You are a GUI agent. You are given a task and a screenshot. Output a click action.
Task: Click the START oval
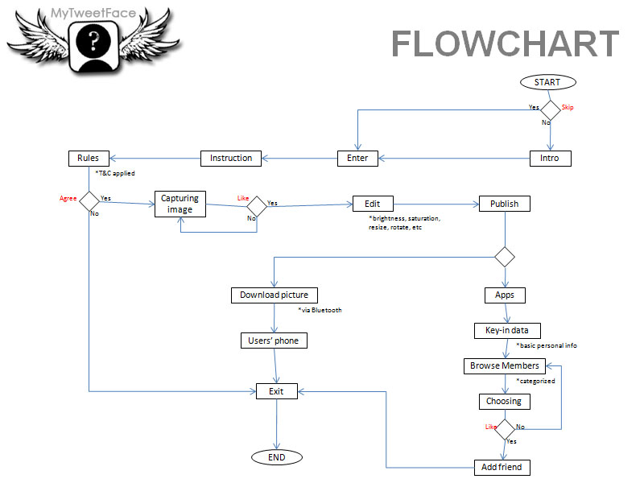pos(547,82)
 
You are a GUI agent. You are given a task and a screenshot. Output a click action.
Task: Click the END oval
pos(276,457)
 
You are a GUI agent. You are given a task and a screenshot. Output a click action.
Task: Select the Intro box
pos(550,158)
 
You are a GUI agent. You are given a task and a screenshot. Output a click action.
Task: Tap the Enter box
pos(357,158)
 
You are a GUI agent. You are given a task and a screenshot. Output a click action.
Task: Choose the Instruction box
pos(231,158)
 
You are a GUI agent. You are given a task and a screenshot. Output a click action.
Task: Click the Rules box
pos(88,158)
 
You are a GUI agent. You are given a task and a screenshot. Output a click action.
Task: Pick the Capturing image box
pos(180,204)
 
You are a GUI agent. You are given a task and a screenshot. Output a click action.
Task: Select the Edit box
pos(372,204)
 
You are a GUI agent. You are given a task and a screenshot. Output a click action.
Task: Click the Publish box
pos(505,204)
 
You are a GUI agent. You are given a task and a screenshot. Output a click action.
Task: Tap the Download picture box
pos(274,295)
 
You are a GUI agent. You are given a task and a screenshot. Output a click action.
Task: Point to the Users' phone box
pos(274,341)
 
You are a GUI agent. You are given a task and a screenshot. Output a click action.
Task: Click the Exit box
pos(276,392)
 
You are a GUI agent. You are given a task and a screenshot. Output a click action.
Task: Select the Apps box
pos(505,295)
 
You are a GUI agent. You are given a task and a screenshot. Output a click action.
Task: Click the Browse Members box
pos(505,365)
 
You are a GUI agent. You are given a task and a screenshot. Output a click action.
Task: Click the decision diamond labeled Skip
pos(550,110)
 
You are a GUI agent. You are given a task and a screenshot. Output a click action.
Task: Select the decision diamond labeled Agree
pos(89,199)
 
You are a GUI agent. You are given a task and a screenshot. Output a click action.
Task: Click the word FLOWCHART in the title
pos(506,44)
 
